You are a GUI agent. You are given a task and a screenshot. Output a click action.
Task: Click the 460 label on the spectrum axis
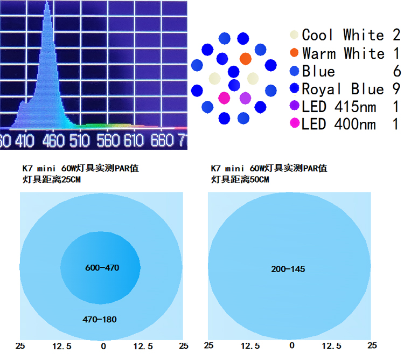click(x=53, y=141)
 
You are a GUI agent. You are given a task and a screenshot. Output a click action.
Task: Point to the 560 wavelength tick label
click(x=108, y=141)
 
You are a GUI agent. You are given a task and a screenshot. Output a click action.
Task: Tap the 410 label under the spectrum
click(x=24, y=141)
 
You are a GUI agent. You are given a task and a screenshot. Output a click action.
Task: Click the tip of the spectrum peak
click(x=47, y=2)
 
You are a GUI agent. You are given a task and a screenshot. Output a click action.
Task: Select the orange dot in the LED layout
click(x=246, y=59)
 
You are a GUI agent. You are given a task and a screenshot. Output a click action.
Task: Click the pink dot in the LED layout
click(x=224, y=98)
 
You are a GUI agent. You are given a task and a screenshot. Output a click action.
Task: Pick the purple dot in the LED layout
click(x=245, y=98)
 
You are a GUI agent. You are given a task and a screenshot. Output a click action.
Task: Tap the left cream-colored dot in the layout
click(x=214, y=79)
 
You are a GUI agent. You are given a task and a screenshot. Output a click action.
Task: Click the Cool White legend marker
click(x=294, y=34)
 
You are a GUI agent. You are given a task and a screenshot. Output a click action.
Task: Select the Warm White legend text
click(x=343, y=53)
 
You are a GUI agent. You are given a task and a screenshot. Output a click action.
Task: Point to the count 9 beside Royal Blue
click(x=396, y=89)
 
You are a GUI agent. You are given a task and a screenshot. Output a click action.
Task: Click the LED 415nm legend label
click(x=339, y=107)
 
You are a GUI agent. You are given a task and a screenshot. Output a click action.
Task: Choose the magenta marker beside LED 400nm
click(x=294, y=123)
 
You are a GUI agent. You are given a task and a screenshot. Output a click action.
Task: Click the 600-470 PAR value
click(x=102, y=268)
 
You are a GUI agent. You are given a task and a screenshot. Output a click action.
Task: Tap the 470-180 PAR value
click(x=100, y=320)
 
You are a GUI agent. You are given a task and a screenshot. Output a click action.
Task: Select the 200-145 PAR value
click(x=288, y=269)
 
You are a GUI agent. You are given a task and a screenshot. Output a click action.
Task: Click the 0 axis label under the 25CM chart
click(x=103, y=347)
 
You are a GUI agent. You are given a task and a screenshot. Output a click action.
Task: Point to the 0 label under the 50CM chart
click(x=291, y=345)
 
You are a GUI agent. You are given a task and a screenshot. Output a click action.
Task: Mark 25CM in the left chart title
click(x=71, y=179)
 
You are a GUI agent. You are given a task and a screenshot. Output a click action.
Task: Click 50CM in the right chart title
click(x=259, y=179)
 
